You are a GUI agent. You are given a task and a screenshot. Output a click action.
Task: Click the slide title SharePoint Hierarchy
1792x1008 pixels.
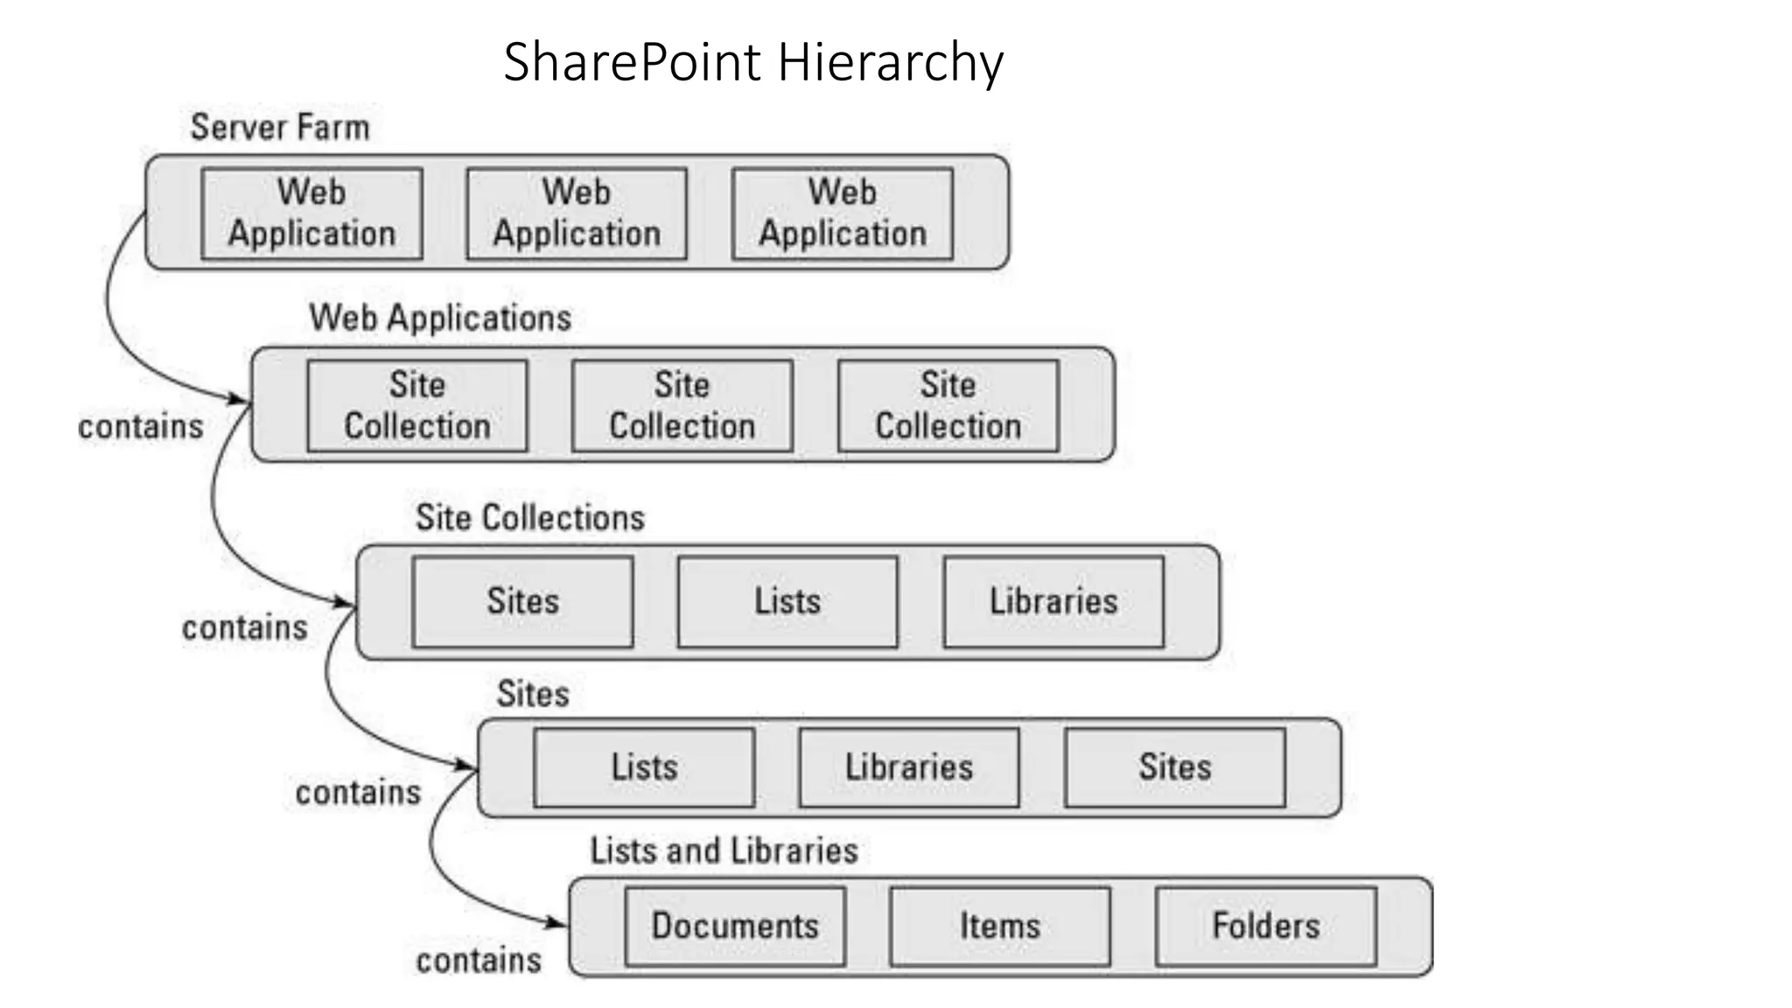coord(753,62)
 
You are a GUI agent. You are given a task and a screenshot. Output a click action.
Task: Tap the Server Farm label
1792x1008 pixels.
coord(280,128)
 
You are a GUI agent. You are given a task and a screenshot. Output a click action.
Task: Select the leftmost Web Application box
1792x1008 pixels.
coord(311,213)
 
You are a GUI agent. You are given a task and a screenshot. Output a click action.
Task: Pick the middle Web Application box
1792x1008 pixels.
coord(577,213)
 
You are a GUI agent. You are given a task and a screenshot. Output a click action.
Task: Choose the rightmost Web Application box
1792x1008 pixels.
coord(842,213)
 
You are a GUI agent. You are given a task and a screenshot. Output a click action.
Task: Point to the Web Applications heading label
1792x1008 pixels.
coord(440,318)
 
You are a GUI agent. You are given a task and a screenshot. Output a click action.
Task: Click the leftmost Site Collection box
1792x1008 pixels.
coord(417,405)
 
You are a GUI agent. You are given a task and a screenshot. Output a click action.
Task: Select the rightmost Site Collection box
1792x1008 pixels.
coord(948,405)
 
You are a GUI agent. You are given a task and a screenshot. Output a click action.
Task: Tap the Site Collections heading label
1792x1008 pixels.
coord(529,518)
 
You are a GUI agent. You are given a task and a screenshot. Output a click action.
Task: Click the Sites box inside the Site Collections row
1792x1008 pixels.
coord(522,601)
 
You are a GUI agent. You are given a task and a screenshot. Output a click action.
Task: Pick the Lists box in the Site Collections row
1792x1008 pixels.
coord(787,601)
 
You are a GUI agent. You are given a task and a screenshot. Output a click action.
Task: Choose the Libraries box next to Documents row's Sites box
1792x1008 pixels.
coord(909,767)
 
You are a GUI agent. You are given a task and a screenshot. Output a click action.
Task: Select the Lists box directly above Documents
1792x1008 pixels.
coord(644,767)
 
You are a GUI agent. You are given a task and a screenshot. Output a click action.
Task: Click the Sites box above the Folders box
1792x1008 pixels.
coord(1174,767)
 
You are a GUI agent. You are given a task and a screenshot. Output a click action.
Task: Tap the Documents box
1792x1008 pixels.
coord(735,926)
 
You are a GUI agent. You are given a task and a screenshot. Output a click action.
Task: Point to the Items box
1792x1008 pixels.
coord(1000,926)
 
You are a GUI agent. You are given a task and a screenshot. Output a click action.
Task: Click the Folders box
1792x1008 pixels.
coord(1265,926)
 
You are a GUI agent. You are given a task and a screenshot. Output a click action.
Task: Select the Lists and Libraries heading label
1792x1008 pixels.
coord(724,850)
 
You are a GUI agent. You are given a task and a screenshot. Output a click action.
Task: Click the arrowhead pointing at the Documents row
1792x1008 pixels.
coord(557,922)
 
